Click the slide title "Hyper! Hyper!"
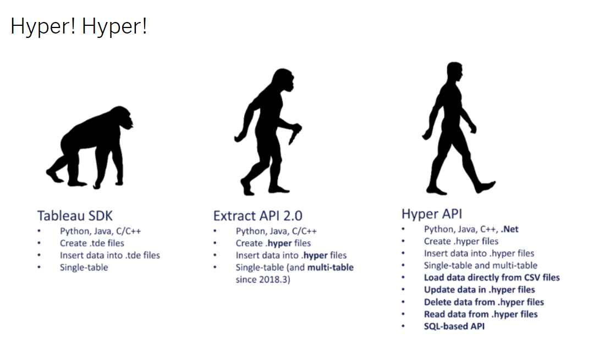(79, 26)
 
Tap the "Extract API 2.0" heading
(257, 215)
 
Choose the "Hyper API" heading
(432, 213)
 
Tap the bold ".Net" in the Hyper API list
(509, 229)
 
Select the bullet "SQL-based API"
(454, 326)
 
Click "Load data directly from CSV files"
(492, 278)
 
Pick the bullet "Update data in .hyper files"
(479, 290)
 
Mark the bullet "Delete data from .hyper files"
(483, 302)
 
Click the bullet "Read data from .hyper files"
(481, 314)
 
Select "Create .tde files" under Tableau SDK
(92, 243)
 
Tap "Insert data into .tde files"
(110, 255)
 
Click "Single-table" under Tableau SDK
(84, 267)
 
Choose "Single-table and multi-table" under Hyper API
(481, 265)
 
